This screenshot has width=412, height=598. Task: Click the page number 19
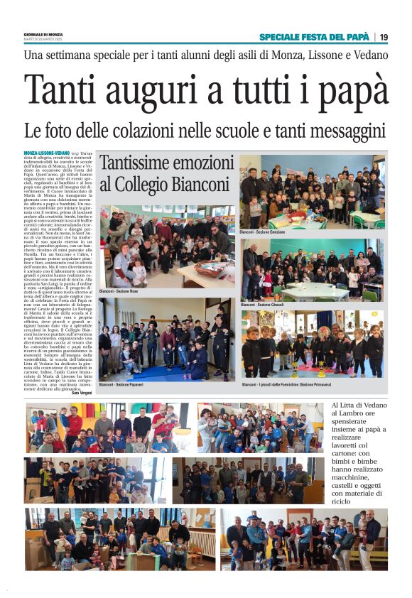384,37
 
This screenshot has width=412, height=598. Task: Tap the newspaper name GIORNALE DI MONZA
43,34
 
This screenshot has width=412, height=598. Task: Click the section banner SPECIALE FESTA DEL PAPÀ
315,37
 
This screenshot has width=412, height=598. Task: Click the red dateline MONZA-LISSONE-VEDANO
46,153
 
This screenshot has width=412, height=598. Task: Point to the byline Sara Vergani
82,392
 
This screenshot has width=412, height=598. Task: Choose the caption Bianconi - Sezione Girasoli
263,305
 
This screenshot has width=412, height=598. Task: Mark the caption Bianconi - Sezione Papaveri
121,384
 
